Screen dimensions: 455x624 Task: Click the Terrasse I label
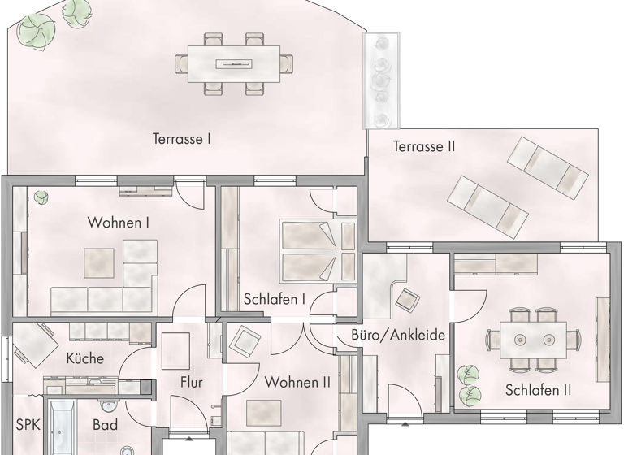[181, 139]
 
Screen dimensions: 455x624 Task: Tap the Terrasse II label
[423, 147]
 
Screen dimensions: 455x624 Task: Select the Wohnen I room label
[119, 222]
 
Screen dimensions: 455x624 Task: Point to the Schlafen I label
[275, 299]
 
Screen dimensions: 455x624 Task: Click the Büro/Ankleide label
[399, 336]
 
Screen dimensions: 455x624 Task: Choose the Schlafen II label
[538, 390]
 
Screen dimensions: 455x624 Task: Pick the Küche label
[84, 357]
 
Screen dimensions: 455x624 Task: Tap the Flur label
[191, 383]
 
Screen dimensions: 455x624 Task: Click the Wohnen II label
[297, 382]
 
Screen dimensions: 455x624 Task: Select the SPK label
[28, 424]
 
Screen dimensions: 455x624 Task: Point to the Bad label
[105, 424]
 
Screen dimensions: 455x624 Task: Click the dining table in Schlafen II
[533, 336]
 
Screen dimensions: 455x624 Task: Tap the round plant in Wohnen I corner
[39, 196]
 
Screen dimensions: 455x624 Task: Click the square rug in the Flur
[177, 352]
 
